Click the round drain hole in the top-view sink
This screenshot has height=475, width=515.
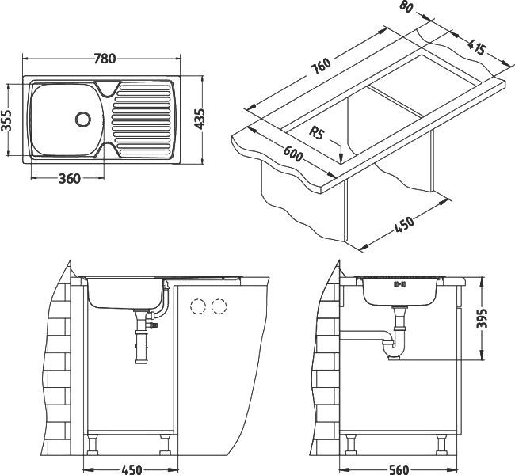tap(82, 119)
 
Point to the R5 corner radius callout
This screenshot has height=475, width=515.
tap(320, 132)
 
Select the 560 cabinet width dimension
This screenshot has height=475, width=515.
tap(400, 469)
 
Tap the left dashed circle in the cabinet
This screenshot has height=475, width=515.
tap(198, 306)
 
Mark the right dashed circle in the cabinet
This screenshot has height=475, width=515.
tap(219, 306)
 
